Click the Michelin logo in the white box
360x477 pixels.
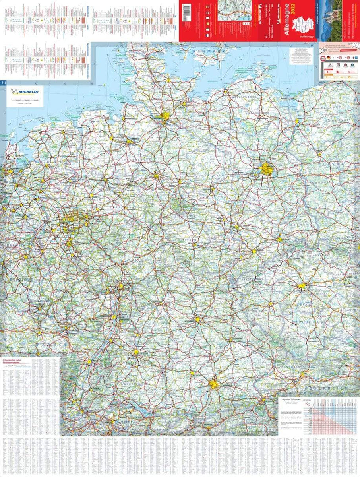[x=25, y=92]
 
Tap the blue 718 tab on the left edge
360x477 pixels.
[x=4, y=83]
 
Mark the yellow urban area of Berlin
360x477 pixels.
[x=267, y=169]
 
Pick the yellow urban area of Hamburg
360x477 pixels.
[x=165, y=117]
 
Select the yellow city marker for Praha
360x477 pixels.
[x=302, y=286]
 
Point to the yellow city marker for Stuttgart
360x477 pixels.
[x=136, y=352]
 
